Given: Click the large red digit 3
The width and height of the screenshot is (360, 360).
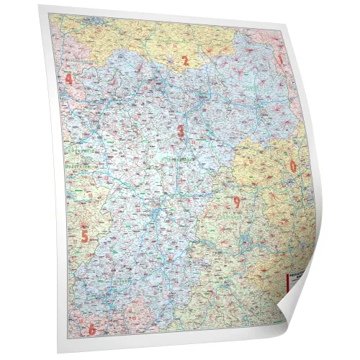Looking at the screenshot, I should coord(181,130).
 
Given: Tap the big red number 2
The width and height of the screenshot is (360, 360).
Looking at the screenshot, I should coord(184,61).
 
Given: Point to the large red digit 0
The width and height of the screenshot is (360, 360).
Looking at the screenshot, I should coord(293,166).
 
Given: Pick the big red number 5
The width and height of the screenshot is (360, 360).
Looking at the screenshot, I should coord(84,235).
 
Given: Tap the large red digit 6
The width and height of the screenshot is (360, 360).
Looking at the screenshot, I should coord(91,330).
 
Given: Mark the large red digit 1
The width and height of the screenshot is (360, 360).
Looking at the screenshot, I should coord(281,62).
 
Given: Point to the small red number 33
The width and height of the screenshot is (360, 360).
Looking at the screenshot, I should coord(108,108).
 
